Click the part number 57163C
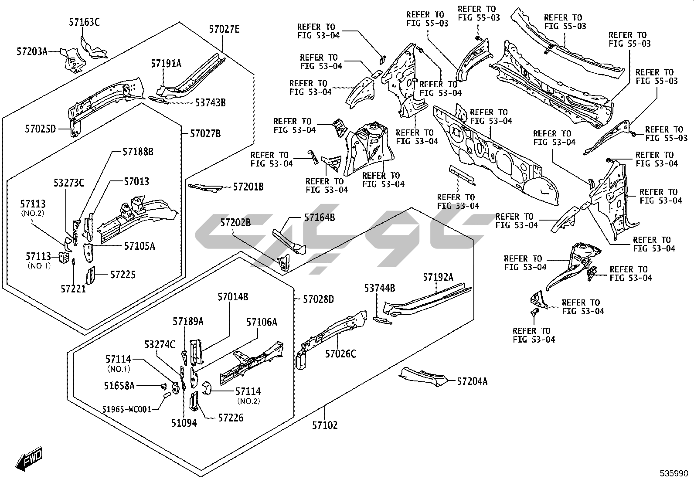(x=84, y=22)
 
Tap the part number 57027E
(x=224, y=29)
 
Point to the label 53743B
(x=210, y=103)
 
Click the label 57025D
(x=41, y=129)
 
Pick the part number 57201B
(x=248, y=187)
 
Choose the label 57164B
(x=320, y=217)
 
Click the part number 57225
(x=122, y=275)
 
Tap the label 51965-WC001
(x=127, y=409)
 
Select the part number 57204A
(x=472, y=382)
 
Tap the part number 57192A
(x=438, y=277)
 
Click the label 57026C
(x=340, y=353)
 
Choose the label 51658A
(x=119, y=386)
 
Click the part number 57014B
(x=233, y=297)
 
